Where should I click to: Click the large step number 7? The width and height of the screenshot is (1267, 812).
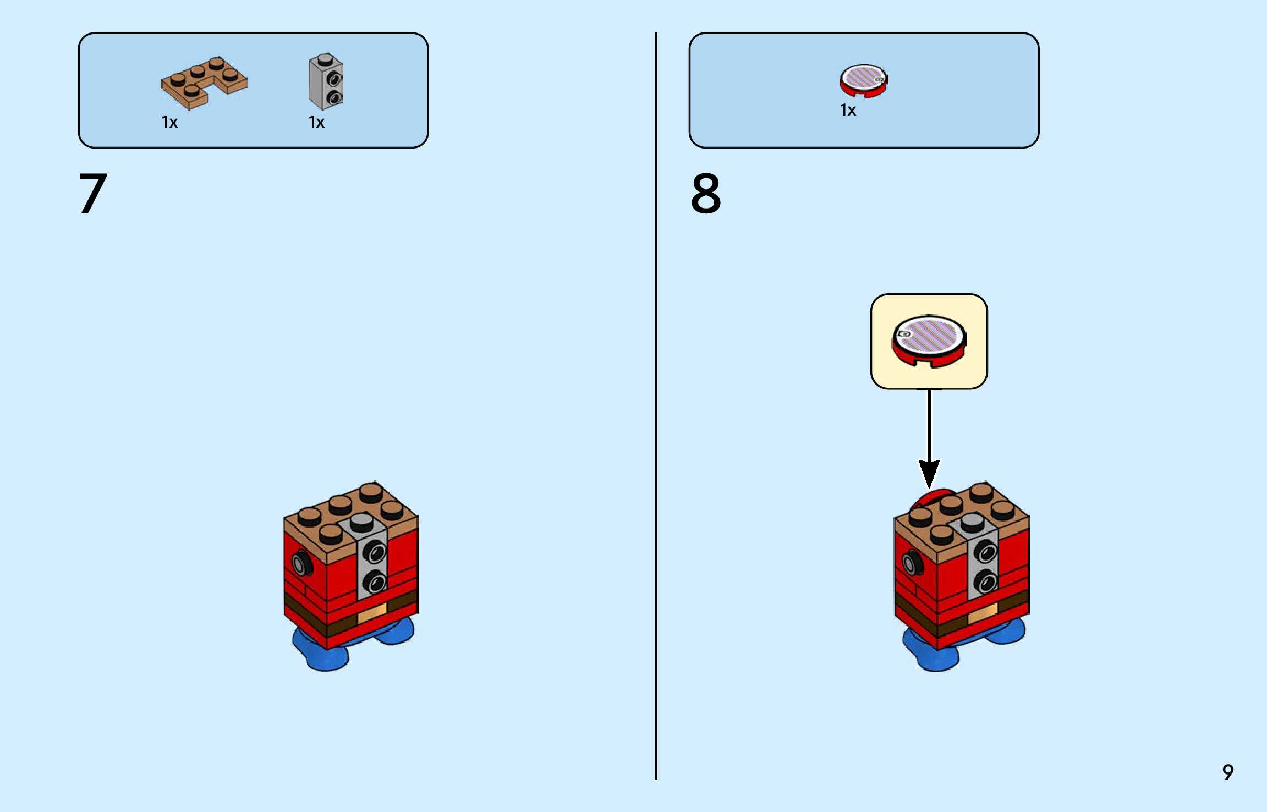(93, 193)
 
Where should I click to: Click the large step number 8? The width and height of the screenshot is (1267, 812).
(706, 193)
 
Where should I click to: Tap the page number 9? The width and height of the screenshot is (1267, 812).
(1228, 772)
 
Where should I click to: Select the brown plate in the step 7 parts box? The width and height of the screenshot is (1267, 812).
(204, 83)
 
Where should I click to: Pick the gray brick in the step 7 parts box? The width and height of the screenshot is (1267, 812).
(326, 81)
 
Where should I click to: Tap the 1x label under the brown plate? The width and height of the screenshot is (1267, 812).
(169, 122)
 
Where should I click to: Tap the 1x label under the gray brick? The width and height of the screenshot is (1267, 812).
(316, 122)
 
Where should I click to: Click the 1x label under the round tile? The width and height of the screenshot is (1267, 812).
(848, 110)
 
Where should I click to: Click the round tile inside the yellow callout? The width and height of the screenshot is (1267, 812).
(929, 340)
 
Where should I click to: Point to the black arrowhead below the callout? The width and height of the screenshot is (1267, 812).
(929, 473)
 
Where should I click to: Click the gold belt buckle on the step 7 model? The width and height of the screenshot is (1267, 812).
(372, 613)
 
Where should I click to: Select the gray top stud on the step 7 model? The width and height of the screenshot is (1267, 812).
(361, 520)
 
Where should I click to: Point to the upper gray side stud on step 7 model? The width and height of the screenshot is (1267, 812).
(375, 551)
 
